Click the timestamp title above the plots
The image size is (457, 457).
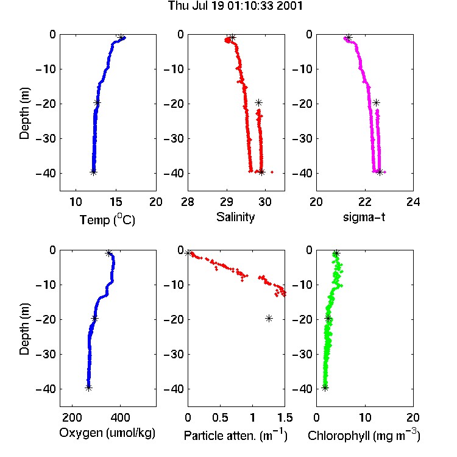[235, 6]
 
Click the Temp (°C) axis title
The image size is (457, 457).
[107, 219]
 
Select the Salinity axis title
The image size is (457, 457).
[235, 217]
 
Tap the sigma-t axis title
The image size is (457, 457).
[364, 217]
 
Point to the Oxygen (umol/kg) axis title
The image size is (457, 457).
[107, 433]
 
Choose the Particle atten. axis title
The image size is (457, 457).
[236, 436]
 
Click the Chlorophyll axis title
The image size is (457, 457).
[364, 436]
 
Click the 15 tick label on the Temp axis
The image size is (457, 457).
[116, 202]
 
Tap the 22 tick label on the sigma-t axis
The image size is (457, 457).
[364, 202]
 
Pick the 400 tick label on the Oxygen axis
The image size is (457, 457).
[120, 417]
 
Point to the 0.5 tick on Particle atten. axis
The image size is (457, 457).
[220, 417]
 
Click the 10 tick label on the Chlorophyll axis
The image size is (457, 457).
[364, 417]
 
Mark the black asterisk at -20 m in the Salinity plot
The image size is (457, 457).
[258, 102]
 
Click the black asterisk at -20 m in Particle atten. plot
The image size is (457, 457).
[269, 318]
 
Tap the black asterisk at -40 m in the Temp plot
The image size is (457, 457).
[93, 172]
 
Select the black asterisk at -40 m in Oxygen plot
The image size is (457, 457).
[88, 388]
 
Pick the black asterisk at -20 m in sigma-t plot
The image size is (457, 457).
[377, 102]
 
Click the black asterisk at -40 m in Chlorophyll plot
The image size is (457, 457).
[325, 388]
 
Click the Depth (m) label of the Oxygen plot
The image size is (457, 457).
[24, 329]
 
